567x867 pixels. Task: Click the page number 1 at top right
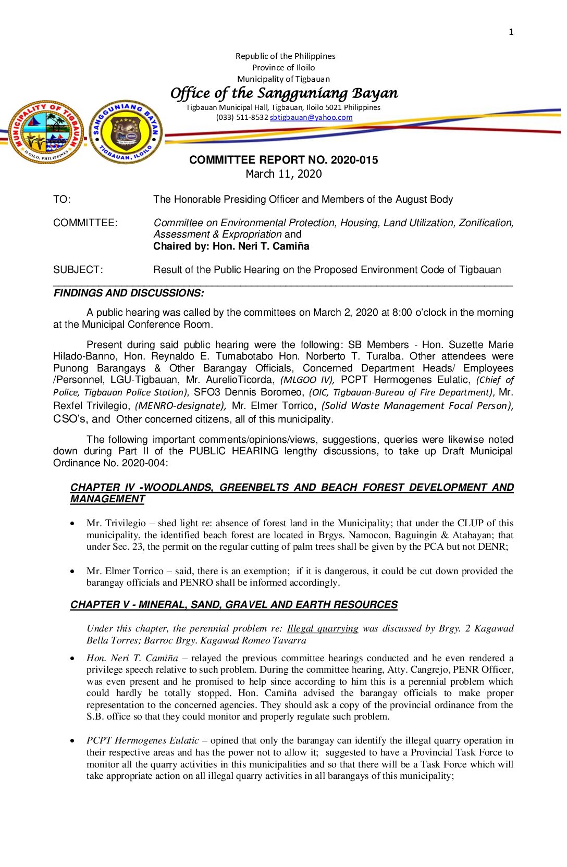(511, 32)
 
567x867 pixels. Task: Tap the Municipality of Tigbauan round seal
(47, 132)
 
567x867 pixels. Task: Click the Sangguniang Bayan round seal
(126, 132)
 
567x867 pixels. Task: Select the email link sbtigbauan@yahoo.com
(311, 118)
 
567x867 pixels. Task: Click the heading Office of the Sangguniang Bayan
(284, 93)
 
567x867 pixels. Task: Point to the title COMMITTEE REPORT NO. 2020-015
(283, 160)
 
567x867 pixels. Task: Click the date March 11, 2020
(283, 174)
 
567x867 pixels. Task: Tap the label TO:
(61, 200)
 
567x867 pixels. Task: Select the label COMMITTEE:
(85, 223)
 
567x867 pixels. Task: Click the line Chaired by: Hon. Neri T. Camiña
(231, 246)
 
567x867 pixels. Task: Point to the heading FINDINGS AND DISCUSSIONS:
(129, 293)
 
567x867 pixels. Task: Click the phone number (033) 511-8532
(242, 118)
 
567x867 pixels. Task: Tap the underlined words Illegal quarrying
(323, 628)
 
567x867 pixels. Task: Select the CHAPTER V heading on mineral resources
(233, 605)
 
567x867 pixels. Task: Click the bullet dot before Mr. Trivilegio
(72, 524)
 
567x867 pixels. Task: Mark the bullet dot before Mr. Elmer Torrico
(72, 572)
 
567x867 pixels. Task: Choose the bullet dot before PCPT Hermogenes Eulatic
(72, 741)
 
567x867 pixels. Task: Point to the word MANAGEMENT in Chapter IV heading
(107, 499)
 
